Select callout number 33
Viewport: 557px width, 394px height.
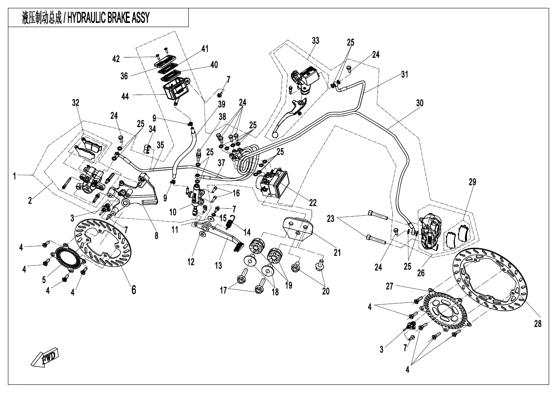click(315, 40)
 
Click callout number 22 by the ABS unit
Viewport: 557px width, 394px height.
click(313, 203)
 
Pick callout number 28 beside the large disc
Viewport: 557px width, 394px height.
click(538, 323)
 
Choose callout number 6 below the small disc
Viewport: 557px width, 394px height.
click(133, 289)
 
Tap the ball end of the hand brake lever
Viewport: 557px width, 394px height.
click(275, 135)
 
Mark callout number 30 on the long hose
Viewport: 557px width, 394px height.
click(420, 103)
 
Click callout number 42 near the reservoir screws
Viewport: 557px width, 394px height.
click(116, 59)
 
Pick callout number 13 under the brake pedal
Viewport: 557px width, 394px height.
click(219, 265)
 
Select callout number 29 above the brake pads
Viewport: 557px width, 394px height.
click(472, 182)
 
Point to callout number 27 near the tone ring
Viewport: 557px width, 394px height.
click(390, 287)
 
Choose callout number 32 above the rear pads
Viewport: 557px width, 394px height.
click(75, 102)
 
